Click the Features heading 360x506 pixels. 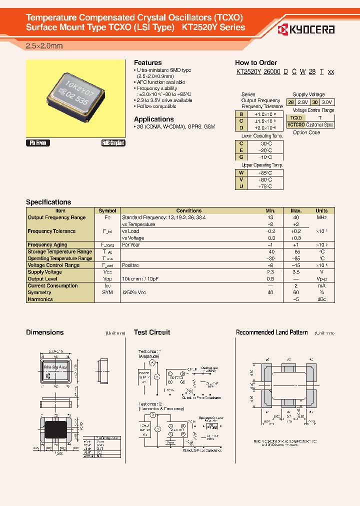click(147, 62)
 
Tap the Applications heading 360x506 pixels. click(153, 119)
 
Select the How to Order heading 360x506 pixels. click(255, 62)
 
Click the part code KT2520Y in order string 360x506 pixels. click(248, 72)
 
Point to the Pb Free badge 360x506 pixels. click(38, 143)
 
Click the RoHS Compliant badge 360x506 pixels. click(113, 143)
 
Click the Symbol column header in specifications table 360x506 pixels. click(107, 211)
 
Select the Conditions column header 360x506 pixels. click(188, 211)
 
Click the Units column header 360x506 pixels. click(321, 211)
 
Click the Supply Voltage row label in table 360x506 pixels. click(45, 272)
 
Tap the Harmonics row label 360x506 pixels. click(40, 299)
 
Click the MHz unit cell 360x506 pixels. click(321, 217)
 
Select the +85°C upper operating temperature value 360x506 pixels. click(265, 172)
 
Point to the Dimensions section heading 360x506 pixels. click(44, 332)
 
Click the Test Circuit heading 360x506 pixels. click(152, 332)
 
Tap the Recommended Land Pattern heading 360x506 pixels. click(271, 332)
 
